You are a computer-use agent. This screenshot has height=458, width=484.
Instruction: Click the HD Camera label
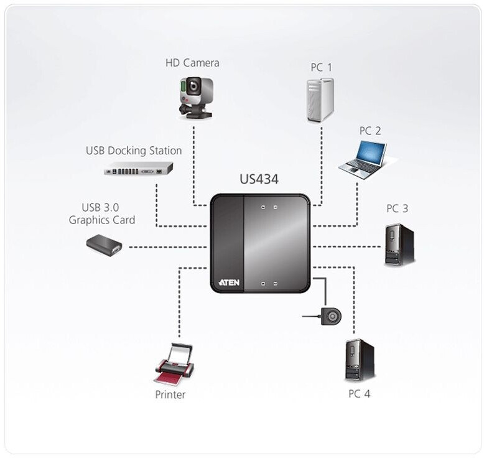pyautogui.click(x=192, y=63)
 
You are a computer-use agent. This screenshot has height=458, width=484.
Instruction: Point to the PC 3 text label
pyautogui.click(x=397, y=208)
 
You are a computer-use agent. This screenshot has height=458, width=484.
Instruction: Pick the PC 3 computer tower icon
pyautogui.click(x=399, y=245)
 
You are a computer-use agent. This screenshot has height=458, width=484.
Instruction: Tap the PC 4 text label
pyautogui.click(x=360, y=393)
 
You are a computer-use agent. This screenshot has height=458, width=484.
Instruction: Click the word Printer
pyautogui.click(x=170, y=395)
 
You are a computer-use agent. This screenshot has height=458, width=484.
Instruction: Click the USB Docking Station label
pyautogui.click(x=134, y=151)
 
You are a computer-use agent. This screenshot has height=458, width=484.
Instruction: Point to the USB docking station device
pyautogui.click(x=138, y=169)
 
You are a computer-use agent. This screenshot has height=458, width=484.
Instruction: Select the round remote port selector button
pyautogui.click(x=332, y=317)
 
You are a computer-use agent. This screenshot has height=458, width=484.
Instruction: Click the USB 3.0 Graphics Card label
pyautogui.click(x=102, y=213)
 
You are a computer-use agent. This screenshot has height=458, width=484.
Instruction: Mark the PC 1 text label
pyautogui.click(x=321, y=67)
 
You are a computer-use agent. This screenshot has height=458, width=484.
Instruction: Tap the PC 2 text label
pyautogui.click(x=370, y=131)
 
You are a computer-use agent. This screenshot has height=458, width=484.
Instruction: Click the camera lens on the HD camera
pyautogui.click(x=194, y=85)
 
